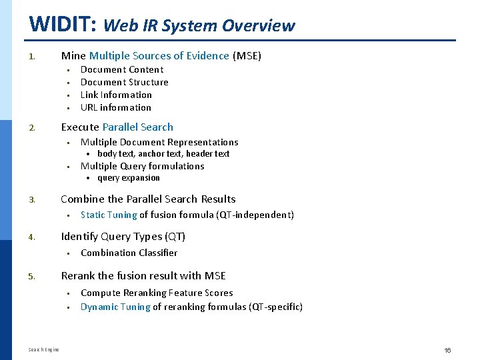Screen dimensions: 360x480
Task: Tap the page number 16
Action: point(448,349)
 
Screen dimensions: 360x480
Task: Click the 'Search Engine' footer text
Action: point(44,349)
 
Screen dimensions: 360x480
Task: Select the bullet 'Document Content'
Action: point(122,69)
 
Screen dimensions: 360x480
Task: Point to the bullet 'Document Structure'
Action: point(125,82)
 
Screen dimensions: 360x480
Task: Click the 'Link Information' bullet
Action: point(116,95)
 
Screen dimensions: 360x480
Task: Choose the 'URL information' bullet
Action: point(116,107)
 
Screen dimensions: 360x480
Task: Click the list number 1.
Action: point(31,57)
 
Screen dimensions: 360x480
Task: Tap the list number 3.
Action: point(31,199)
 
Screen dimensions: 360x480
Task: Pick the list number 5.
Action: point(31,276)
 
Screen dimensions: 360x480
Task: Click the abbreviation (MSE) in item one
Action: point(247,56)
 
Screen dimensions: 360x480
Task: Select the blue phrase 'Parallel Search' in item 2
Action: point(137,127)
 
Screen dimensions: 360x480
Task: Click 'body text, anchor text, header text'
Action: point(163,153)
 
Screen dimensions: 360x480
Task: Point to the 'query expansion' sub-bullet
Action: point(129,178)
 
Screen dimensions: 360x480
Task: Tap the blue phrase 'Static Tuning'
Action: point(109,215)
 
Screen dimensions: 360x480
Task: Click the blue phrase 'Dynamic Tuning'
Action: point(115,307)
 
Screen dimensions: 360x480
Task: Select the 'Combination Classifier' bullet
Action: point(129,253)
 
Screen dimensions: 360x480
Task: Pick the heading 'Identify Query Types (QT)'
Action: point(123,237)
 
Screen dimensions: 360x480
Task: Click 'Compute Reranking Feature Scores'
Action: point(157,293)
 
